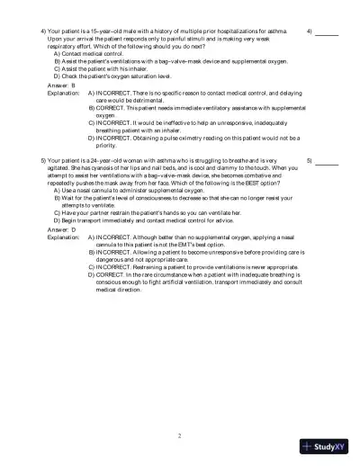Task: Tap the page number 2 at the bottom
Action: coord(179,435)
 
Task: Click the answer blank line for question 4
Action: coord(327,33)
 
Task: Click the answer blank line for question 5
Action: coord(327,163)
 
